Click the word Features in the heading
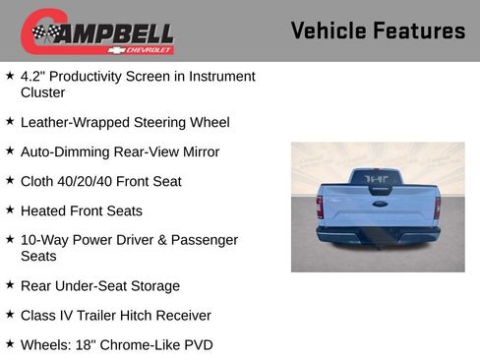pos(419,30)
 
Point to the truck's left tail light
pos(320,207)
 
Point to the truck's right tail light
pos(437,207)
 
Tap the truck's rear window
pos(378,179)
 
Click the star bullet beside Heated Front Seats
pos(10,210)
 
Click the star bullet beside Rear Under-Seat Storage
pos(10,285)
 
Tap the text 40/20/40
pos(93,182)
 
